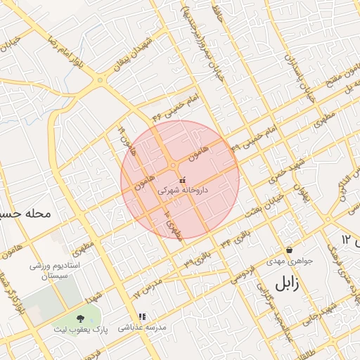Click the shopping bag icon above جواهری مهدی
(289, 250)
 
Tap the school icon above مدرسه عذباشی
(143, 318)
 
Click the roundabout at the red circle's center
(174, 166)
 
